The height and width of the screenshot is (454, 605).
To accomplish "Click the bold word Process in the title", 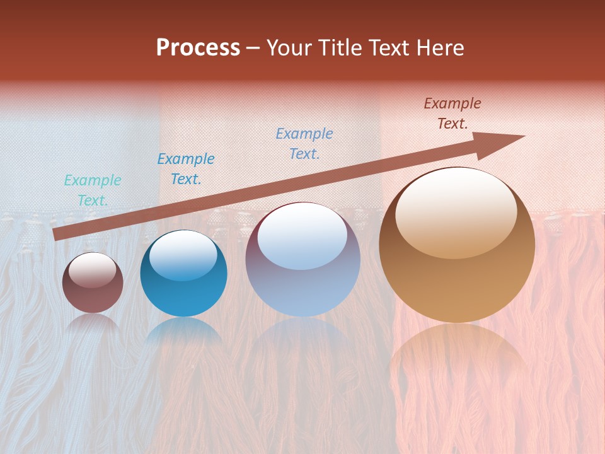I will point(198,48).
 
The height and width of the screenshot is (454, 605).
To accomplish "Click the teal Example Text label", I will point(93,190).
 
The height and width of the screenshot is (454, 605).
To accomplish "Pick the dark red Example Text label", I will point(452,113).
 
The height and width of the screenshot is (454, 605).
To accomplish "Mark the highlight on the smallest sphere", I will point(92,270).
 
